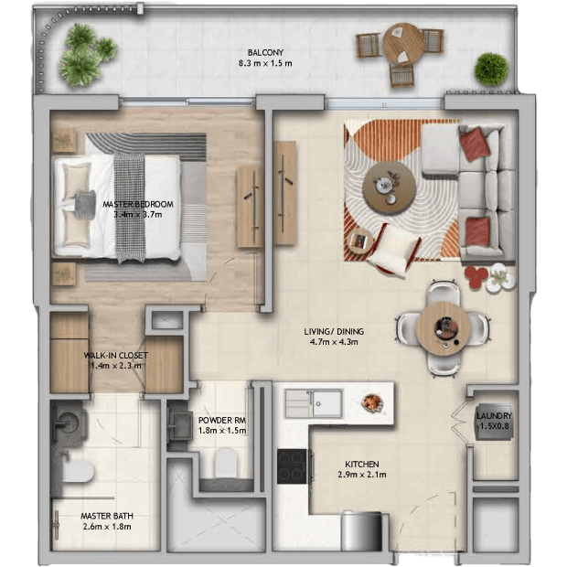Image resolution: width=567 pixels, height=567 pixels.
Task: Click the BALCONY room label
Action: (265, 52)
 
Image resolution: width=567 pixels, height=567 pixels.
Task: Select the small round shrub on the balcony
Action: (491, 70)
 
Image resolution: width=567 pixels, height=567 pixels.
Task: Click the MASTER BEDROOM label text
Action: (138, 204)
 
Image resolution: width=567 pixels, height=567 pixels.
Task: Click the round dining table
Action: (443, 328)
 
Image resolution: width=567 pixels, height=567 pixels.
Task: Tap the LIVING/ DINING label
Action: (334, 331)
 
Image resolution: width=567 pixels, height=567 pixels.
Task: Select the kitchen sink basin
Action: (327, 403)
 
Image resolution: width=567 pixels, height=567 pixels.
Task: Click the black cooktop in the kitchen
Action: (292, 466)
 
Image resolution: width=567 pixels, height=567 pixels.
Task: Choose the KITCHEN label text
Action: (361, 464)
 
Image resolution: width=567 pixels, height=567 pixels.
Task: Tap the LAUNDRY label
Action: (494, 416)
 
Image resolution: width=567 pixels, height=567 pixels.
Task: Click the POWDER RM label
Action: (222, 420)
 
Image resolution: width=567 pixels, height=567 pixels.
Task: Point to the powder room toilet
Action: (226, 462)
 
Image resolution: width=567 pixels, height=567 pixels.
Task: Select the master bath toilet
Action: (78, 471)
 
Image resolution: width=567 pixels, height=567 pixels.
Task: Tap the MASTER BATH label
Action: (107, 516)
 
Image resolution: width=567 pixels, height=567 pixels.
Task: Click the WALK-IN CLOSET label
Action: (116, 356)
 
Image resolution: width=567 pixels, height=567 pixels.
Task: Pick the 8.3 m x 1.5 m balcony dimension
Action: (265, 63)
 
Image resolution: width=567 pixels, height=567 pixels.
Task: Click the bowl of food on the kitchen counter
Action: (372, 402)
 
